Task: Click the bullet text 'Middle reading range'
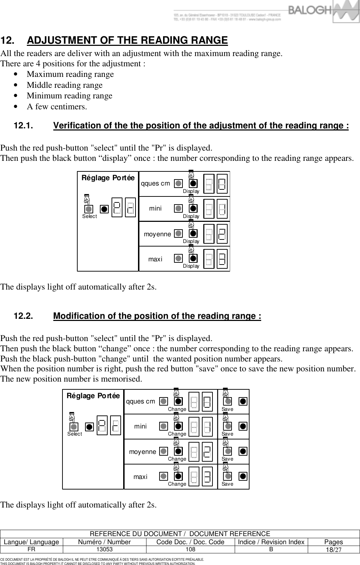click(65, 85)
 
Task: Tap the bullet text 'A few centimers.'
click(57, 107)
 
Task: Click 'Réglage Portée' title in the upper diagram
click(108, 178)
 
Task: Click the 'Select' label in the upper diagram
click(89, 217)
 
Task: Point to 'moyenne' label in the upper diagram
click(157, 234)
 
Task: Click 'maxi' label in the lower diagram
click(140, 477)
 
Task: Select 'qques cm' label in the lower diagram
click(140, 402)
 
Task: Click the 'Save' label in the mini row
click(227, 434)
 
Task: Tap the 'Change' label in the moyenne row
click(177, 459)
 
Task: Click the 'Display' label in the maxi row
click(191, 266)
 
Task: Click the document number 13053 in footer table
click(104, 549)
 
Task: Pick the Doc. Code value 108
click(191, 549)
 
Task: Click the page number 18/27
click(333, 550)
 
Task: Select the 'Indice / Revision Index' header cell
click(271, 542)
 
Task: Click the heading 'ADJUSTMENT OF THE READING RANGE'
click(127, 41)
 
